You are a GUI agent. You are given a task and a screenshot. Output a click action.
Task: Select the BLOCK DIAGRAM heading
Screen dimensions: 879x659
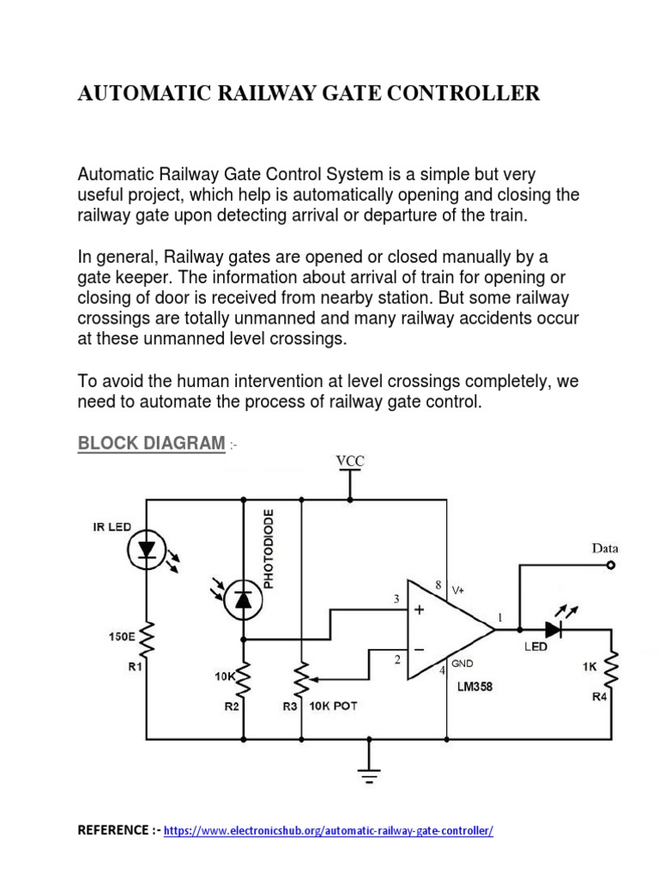151,444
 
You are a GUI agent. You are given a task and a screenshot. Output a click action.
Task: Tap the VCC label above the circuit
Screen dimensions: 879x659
349,461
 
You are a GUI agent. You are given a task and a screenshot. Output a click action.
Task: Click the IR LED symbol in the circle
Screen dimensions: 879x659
147,547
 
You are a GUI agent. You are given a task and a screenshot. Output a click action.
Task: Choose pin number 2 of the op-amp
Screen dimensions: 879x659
397,659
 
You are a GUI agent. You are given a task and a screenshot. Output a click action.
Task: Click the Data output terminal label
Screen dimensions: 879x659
604,548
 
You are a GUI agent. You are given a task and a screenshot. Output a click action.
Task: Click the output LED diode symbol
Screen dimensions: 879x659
553,628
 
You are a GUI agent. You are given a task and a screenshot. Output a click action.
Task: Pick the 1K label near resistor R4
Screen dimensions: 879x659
589,664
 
